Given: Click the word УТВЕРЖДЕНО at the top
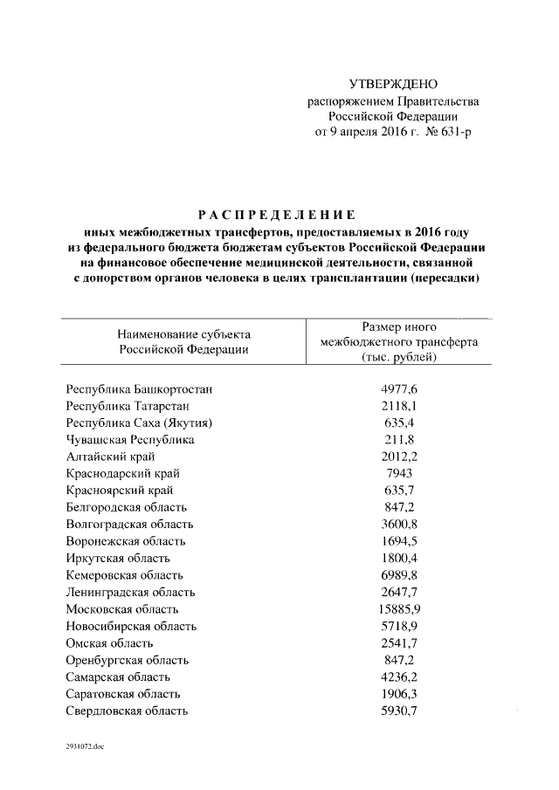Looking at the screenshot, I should [392, 85].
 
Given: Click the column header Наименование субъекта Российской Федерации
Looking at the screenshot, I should [184, 341].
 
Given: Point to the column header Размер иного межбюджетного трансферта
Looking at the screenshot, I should [398, 341].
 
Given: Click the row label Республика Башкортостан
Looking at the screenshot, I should [139, 389].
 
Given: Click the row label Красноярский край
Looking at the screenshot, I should [117, 491].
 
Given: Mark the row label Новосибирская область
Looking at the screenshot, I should [131, 626].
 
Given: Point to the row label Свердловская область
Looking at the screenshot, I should [127, 711].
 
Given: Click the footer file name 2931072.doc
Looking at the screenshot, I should [84, 748].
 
